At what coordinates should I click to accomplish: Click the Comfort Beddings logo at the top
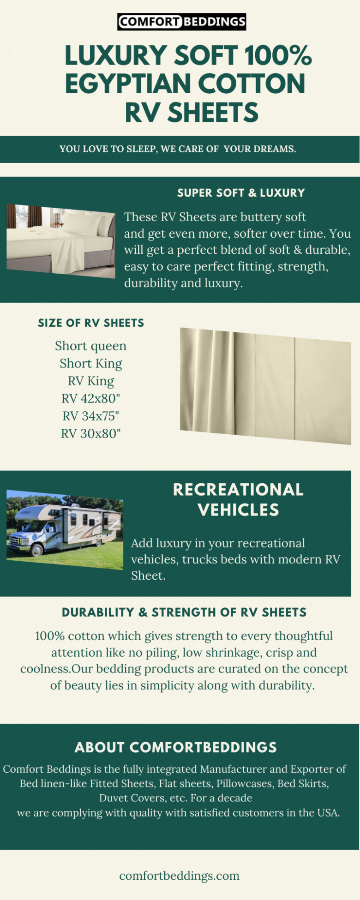click(181, 22)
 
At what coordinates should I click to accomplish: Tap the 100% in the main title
click(278, 55)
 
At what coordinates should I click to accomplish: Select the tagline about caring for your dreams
click(178, 149)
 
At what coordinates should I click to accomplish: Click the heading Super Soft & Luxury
click(241, 193)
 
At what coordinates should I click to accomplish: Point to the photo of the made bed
click(60, 241)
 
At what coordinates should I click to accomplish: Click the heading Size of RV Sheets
click(91, 323)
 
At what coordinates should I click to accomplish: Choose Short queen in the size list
click(90, 346)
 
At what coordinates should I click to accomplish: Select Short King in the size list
click(91, 364)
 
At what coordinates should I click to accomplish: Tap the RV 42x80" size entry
click(91, 398)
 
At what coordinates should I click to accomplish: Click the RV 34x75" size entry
click(91, 416)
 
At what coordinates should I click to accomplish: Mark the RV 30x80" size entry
click(91, 433)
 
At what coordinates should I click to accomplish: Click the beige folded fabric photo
click(265, 386)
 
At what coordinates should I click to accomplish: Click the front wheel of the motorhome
click(36, 549)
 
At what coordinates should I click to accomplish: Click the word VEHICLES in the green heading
click(238, 510)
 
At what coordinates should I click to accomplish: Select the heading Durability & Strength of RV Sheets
click(184, 612)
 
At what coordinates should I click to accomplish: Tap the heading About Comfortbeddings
click(176, 748)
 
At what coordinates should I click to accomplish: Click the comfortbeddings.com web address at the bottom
click(180, 876)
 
